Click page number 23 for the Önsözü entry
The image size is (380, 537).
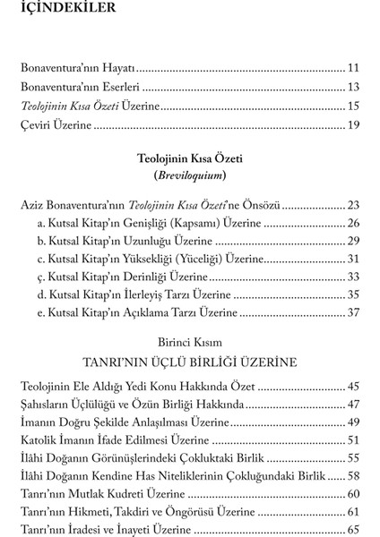click(x=352, y=205)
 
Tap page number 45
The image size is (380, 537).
click(x=352, y=388)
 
